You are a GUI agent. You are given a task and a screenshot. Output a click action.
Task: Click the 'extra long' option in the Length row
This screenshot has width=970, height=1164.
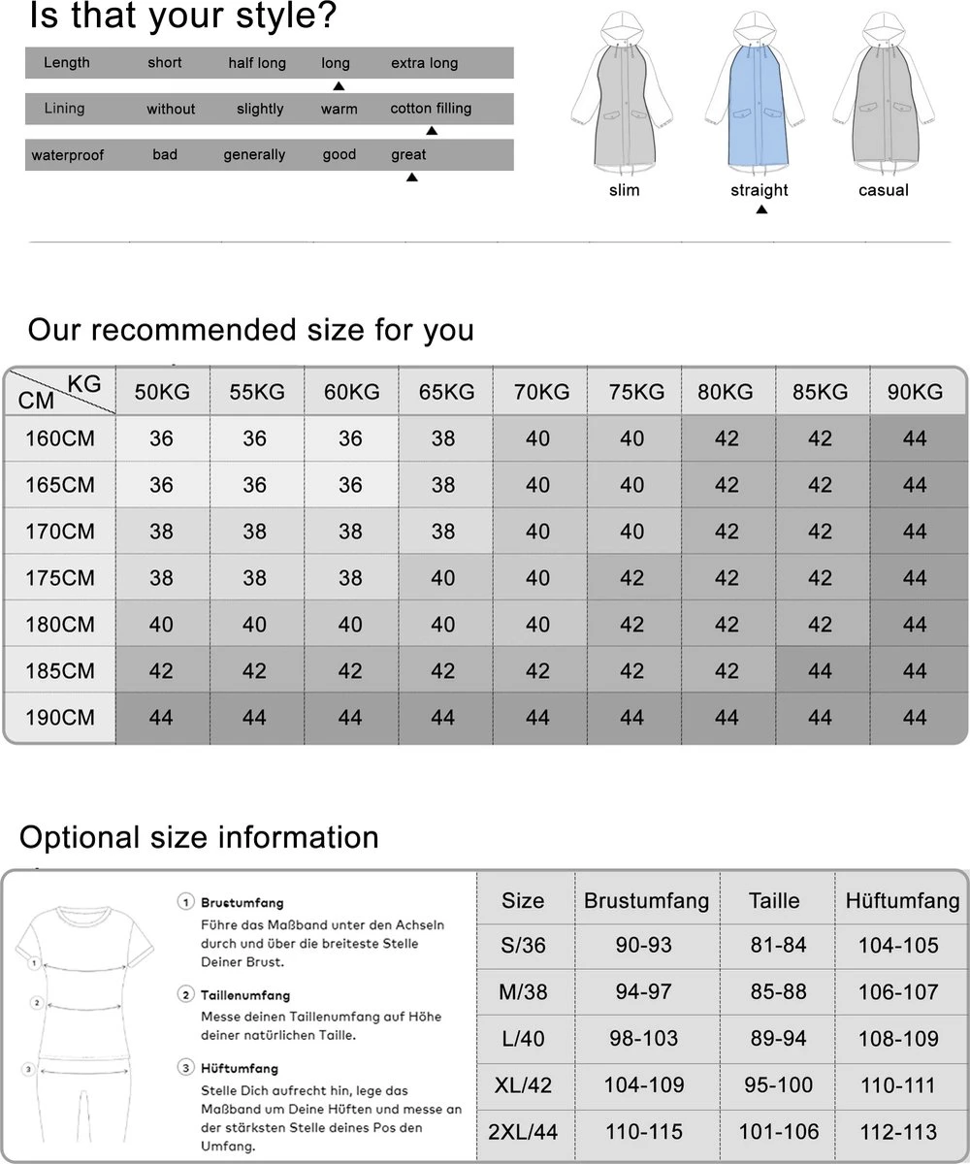point(424,63)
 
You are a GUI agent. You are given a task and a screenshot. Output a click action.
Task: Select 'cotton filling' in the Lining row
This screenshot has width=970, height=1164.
point(431,109)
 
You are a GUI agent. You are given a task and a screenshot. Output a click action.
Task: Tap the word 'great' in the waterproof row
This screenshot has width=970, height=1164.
point(408,154)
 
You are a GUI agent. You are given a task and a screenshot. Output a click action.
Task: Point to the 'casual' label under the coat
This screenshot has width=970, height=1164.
point(883,190)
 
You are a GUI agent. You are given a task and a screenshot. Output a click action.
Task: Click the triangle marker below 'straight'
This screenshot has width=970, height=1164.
point(761,209)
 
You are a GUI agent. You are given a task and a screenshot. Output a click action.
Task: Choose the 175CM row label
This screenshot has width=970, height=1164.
point(59,578)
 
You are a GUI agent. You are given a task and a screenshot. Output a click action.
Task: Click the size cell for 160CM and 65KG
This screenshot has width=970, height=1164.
point(443,438)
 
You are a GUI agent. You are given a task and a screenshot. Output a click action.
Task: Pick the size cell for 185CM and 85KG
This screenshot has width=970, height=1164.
point(820,671)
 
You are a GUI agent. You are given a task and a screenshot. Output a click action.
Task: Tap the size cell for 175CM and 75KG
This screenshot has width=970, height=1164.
point(631,578)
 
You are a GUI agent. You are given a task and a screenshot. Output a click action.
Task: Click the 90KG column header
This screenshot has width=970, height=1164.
point(915,392)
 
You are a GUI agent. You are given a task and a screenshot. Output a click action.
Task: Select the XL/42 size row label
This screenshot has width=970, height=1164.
point(523,1085)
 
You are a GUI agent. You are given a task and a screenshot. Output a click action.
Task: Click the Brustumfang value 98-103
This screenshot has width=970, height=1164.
point(643,1039)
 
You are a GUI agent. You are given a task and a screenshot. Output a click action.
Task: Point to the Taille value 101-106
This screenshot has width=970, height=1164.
point(778,1132)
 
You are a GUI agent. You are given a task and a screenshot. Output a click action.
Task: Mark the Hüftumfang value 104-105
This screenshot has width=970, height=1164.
point(898,946)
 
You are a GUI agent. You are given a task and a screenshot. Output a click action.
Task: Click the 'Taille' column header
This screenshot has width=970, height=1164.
point(774,900)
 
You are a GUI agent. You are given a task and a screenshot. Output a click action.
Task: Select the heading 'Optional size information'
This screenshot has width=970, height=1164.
point(199,837)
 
